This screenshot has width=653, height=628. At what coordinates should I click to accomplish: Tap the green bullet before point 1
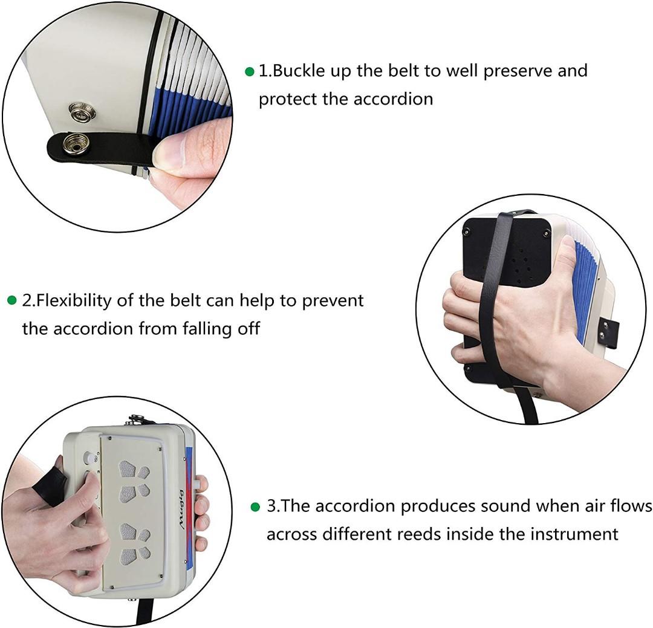[249, 71]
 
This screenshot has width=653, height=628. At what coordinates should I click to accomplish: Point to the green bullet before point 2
[11, 300]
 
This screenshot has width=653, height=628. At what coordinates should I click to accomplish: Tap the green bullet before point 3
[255, 506]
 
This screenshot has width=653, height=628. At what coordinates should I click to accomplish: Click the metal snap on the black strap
[77, 144]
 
